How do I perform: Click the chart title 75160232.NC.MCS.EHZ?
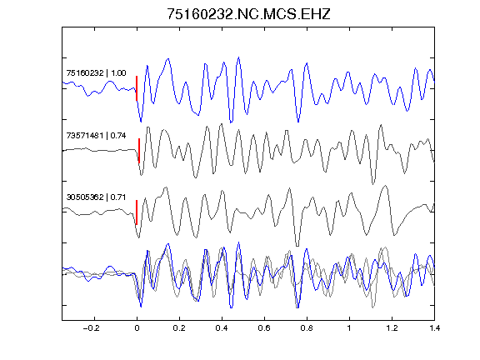[248, 14]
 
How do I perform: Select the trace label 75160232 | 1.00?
[96, 73]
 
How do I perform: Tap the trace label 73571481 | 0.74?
[96, 136]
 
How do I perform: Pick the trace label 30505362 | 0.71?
[96, 197]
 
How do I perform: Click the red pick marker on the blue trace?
[137, 88]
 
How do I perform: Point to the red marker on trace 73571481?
[139, 151]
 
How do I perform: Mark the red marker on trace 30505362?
[137, 212]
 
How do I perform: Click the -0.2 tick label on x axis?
[92, 328]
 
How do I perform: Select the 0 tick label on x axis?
[137, 328]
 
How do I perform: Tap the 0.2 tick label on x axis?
[179, 328]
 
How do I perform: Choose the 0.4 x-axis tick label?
[222, 328]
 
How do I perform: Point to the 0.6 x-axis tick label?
[264, 328]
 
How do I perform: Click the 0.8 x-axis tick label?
[307, 328]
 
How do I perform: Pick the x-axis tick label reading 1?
[349, 328]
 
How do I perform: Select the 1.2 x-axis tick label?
[392, 328]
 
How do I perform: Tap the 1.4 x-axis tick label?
[434, 328]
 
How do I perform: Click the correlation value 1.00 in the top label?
[118, 73]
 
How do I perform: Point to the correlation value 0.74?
[118, 136]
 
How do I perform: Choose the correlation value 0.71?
[118, 197]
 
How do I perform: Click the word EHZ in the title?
[316, 14]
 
